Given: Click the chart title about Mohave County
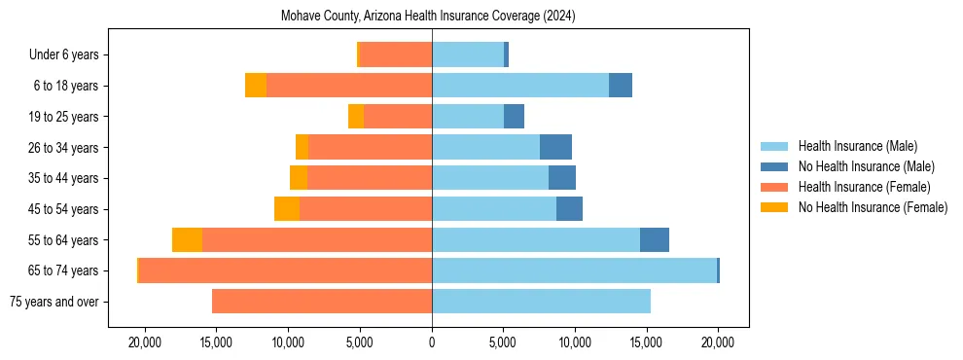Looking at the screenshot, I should [x=428, y=17].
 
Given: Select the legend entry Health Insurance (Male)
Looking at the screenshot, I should [x=857, y=146].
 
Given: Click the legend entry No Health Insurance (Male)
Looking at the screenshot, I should [x=866, y=166].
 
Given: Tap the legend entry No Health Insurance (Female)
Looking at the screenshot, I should [x=873, y=207].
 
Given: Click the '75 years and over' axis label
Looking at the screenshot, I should [x=53, y=302].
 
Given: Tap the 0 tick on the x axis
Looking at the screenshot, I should [x=432, y=342].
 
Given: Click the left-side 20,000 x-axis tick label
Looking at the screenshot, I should [x=145, y=342].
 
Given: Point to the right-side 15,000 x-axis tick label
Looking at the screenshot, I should [x=647, y=342].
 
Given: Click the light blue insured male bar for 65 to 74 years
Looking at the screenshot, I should [x=574, y=270].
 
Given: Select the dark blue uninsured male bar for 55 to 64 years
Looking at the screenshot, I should [x=655, y=239].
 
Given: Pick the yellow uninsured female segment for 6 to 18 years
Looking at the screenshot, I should [x=256, y=86].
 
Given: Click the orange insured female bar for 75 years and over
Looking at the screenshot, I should [x=322, y=302].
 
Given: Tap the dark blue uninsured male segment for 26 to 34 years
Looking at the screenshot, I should [x=555, y=147].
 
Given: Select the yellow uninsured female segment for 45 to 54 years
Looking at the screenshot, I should [x=287, y=209].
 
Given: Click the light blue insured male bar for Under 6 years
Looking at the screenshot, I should [x=468, y=54].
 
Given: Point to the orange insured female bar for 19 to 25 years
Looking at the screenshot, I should [x=398, y=117].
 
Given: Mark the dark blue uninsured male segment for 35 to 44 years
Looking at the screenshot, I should [x=562, y=178].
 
